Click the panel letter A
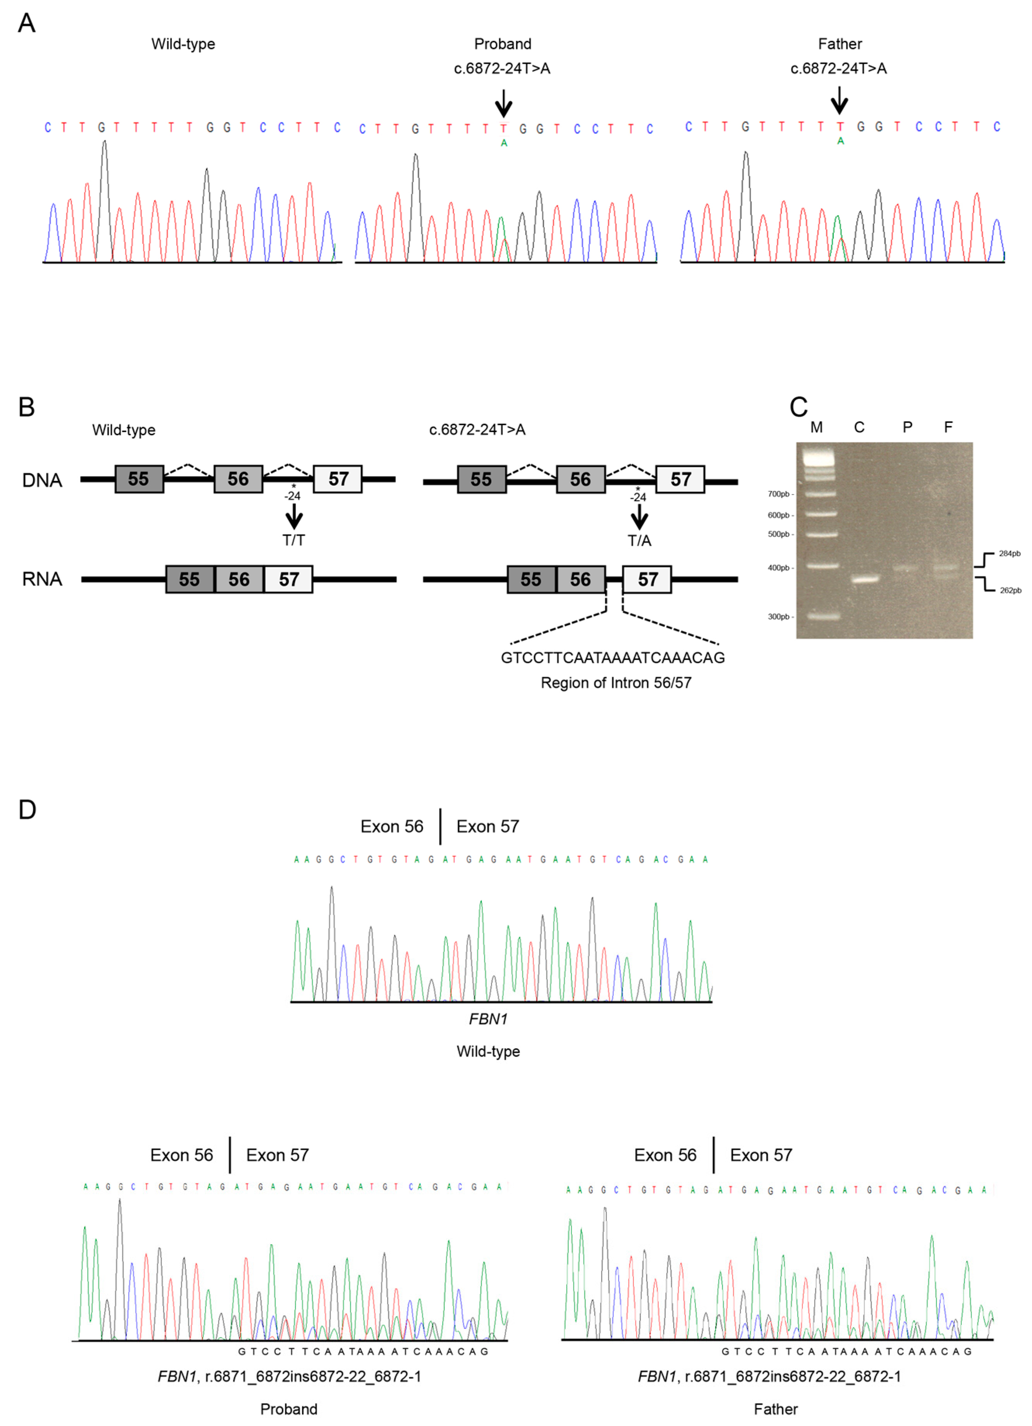[x=26, y=23]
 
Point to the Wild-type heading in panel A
[x=183, y=44]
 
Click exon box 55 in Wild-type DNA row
[x=139, y=479]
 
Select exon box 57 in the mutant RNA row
[x=647, y=579]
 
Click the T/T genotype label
[x=293, y=540]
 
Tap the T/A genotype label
[x=639, y=541]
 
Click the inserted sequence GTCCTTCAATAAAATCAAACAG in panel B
[x=612, y=658]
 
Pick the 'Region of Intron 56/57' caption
[x=615, y=683]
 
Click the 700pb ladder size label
[x=778, y=494]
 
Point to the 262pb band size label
[x=1010, y=590]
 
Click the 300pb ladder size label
[x=778, y=617]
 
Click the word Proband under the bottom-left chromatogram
[x=288, y=1409]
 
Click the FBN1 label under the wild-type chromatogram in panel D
[x=488, y=1019]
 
